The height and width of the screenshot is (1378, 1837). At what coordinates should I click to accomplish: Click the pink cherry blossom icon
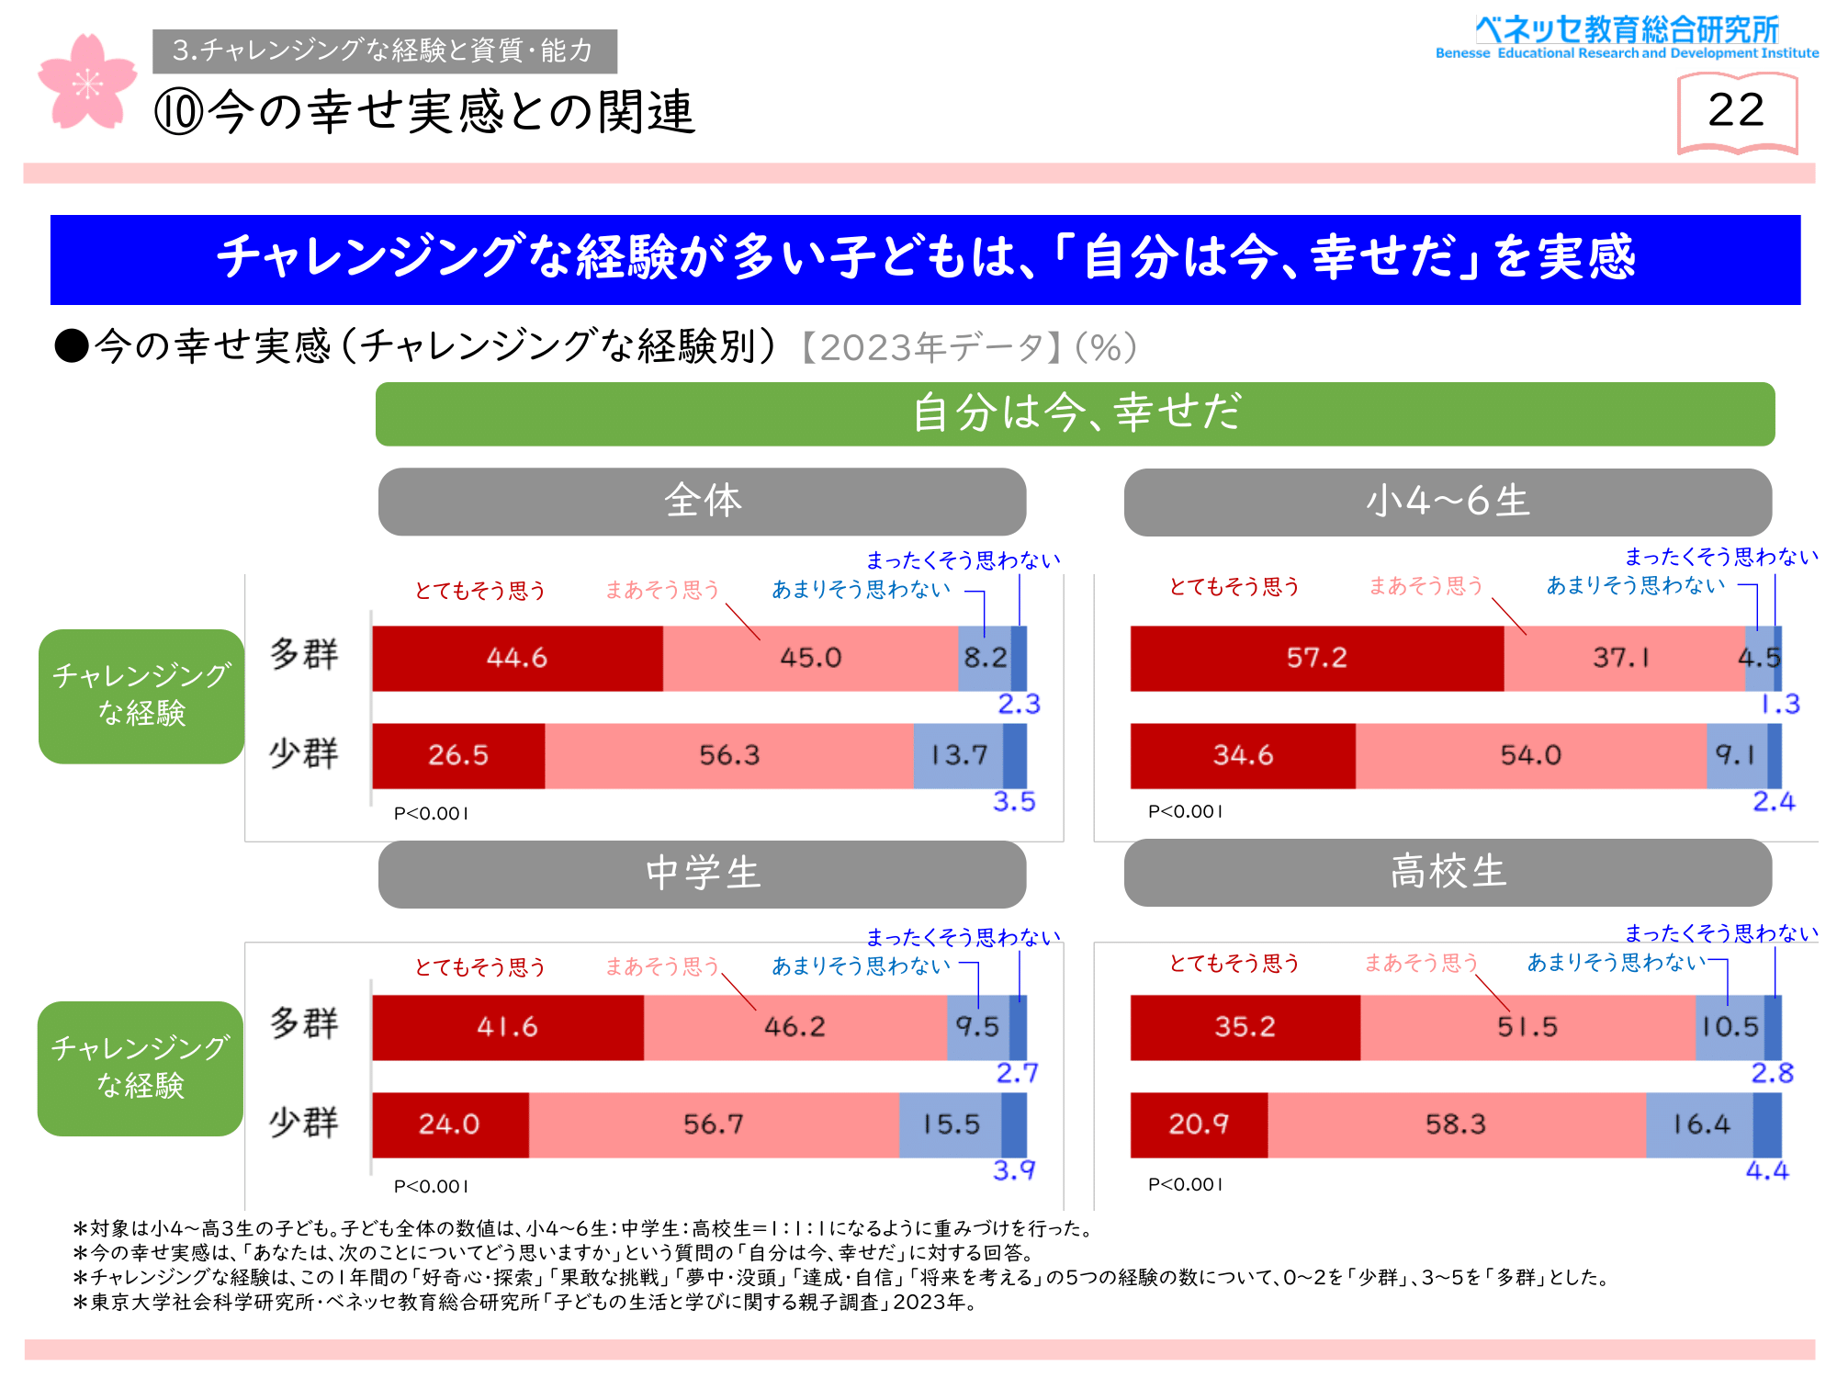point(86,83)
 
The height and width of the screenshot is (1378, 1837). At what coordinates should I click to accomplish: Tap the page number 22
point(1736,110)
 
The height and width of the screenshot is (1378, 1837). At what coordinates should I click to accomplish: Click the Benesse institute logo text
point(1627,37)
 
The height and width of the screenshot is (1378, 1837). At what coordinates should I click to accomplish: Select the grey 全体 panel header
point(702,502)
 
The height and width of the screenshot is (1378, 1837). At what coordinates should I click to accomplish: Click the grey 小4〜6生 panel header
point(1448,502)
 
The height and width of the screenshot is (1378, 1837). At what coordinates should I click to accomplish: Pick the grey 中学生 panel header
point(702,874)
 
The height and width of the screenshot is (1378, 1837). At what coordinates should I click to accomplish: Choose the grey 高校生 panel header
point(1448,872)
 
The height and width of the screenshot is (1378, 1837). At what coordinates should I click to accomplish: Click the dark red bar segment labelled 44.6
point(518,658)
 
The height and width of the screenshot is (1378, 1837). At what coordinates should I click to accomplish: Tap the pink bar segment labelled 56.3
point(729,755)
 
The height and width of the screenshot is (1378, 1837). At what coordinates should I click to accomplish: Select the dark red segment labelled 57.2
point(1317,658)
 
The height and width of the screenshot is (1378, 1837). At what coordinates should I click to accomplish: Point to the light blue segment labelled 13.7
point(958,755)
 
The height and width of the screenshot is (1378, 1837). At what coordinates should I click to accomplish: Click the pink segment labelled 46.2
point(795,1027)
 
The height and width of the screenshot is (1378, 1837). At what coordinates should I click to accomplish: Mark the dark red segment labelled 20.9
point(1199,1124)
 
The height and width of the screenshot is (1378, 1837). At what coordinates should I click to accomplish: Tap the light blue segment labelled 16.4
point(1700,1124)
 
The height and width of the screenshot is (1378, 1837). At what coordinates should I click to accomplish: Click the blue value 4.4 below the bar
point(1767,1171)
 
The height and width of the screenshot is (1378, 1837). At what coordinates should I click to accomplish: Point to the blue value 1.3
point(1780,705)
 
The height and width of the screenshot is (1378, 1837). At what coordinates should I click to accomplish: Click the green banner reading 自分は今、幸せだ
point(1075,413)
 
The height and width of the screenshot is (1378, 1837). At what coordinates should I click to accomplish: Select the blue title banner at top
point(925,259)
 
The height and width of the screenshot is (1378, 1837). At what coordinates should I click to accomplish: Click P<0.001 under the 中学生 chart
point(431,1187)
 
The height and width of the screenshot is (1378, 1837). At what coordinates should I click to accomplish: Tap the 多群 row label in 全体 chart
point(304,655)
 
